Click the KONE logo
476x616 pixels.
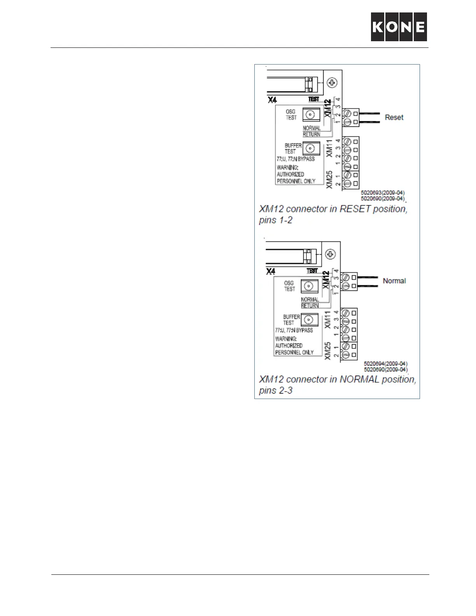(399, 26)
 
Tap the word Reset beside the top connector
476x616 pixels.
(394, 117)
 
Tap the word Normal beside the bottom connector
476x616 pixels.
(394, 281)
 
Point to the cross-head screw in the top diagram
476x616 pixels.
(332, 82)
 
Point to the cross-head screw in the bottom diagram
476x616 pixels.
(330, 254)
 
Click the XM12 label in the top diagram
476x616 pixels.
(327, 108)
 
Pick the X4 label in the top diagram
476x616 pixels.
(272, 100)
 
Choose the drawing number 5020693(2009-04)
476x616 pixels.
(383, 192)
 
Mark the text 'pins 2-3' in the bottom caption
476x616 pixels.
(276, 390)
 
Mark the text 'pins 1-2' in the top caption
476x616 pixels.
(276, 220)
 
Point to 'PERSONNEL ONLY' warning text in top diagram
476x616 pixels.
(296, 181)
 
